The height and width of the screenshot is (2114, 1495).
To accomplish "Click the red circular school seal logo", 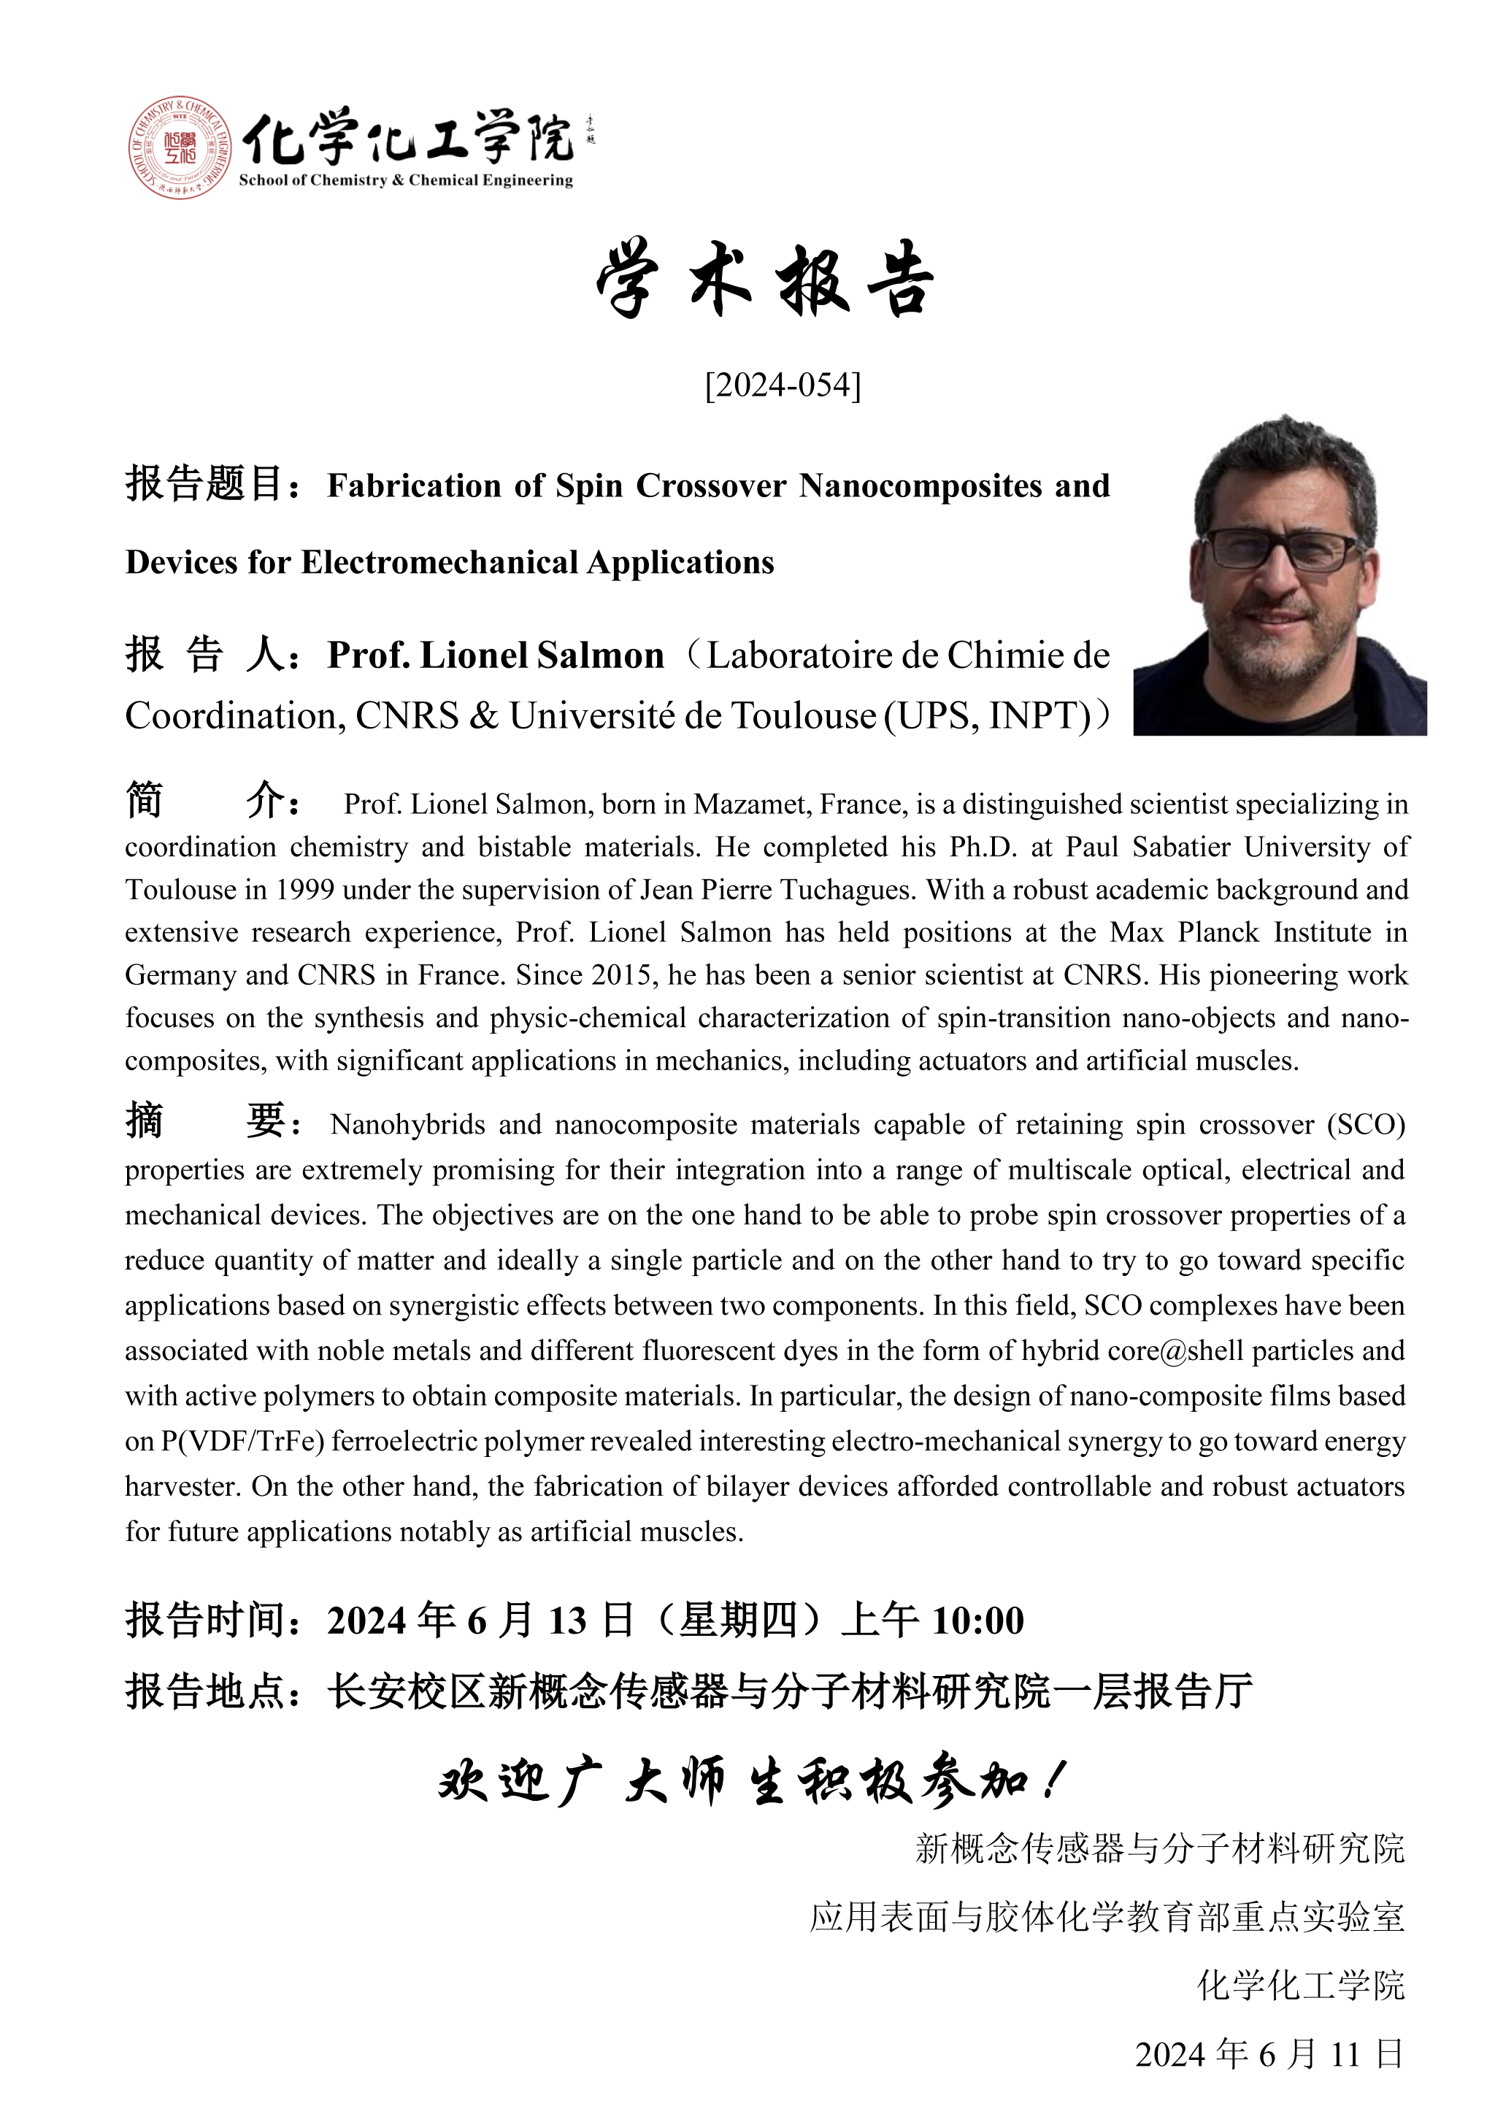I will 180,147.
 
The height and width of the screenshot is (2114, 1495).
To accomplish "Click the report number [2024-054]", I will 783,385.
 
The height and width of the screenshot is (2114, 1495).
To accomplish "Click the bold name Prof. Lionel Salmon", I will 495,656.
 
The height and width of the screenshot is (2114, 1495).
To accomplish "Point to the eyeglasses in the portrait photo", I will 1283,550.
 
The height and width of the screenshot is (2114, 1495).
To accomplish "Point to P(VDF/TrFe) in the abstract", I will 243,1441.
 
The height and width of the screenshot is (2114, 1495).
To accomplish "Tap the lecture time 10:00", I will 977,1621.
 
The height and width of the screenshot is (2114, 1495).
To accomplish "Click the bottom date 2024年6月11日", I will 1269,2055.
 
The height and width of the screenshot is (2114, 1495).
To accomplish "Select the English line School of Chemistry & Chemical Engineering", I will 406,180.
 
